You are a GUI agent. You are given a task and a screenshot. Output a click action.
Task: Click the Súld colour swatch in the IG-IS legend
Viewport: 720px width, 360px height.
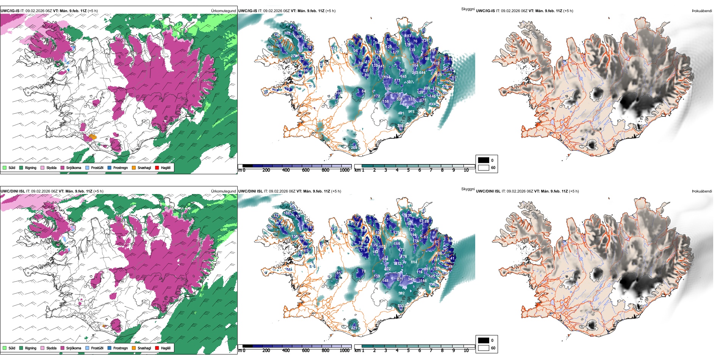5,167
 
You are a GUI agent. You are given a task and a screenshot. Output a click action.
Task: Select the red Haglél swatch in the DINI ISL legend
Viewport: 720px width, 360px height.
157,348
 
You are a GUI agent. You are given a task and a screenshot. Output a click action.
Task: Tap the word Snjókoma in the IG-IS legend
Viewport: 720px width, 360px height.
74,167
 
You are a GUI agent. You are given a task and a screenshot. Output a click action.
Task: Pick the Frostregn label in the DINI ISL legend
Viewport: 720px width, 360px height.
120,348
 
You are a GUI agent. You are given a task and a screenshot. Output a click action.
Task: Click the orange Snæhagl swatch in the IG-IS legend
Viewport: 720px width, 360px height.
134,167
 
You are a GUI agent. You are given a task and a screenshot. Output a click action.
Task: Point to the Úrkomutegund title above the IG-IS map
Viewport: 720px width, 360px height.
223,11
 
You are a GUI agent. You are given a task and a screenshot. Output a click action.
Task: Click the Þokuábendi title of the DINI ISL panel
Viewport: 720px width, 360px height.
702,191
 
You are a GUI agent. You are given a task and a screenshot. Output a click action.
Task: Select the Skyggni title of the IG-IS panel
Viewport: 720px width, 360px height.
468,9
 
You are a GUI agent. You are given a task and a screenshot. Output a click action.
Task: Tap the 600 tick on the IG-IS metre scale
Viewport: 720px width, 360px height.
305,170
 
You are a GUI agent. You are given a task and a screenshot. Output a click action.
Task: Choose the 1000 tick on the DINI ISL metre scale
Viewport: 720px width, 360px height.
344,351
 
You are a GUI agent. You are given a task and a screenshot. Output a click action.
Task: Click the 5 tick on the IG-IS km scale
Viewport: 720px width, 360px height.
408,170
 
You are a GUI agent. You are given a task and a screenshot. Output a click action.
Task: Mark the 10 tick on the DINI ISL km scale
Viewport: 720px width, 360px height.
466,351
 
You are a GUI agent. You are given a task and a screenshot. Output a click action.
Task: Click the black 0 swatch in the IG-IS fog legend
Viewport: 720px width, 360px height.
484,160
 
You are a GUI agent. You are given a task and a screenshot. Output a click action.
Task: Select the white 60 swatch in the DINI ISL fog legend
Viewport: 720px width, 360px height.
484,348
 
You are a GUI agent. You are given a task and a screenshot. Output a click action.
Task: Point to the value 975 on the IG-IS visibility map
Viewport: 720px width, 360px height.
411,112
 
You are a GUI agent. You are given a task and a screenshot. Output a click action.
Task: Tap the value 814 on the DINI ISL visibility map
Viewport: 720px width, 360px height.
414,262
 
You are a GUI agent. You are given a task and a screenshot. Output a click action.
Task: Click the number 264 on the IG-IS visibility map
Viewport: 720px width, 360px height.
354,147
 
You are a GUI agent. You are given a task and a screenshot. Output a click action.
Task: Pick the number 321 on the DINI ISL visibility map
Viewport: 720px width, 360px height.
354,328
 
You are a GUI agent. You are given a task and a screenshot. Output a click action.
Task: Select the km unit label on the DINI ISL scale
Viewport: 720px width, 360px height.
357,351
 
